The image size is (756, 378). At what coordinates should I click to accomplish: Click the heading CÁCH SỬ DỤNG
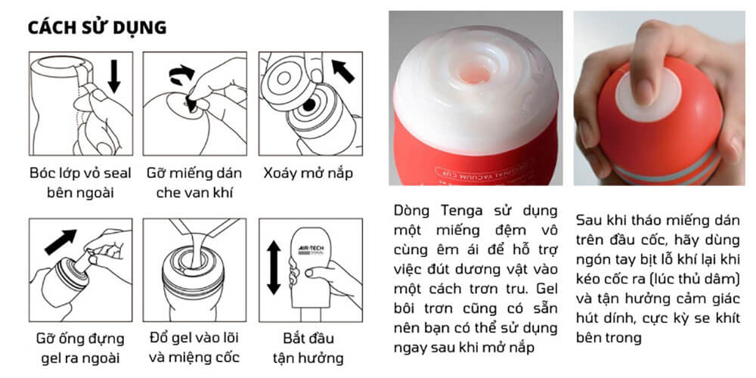tap(97, 27)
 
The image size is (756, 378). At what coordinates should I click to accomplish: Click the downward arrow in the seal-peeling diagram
tap(114, 76)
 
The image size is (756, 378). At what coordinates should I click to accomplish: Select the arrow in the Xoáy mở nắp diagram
tap(343, 71)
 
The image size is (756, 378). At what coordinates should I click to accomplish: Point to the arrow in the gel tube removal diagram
tap(60, 242)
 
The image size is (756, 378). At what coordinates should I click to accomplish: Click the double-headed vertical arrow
tap(274, 268)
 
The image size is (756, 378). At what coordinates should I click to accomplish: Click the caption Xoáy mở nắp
tap(308, 173)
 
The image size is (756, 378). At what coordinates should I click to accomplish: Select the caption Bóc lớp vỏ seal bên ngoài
tap(80, 183)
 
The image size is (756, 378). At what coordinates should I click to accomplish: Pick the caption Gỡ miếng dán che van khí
tap(194, 183)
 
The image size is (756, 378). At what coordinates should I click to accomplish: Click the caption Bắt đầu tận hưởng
tap(308, 348)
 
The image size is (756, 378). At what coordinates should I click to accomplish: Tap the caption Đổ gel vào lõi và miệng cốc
tap(194, 348)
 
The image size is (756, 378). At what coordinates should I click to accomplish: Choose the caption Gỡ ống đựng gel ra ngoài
tap(80, 348)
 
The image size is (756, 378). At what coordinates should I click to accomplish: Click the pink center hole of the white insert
tap(474, 74)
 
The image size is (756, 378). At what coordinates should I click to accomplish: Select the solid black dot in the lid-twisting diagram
tap(309, 104)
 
